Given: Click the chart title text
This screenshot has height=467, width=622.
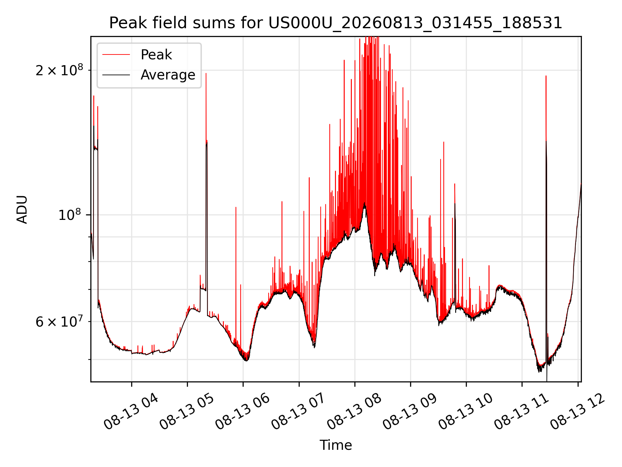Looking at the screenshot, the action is pos(336,23).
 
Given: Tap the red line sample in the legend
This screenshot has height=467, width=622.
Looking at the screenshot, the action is pos(116,55).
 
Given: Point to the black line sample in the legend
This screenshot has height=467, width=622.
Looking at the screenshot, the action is pos(116,75).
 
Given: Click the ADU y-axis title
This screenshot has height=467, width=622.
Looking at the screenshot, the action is pos(22,209).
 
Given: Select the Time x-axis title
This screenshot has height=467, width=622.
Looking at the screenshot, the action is pos(336,445).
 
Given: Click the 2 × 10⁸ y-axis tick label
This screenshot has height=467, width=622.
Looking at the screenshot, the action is pos(59,70).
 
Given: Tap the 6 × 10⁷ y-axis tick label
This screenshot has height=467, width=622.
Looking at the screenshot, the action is pos(59,322).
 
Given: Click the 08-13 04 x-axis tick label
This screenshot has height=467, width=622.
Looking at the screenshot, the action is pos(131,412).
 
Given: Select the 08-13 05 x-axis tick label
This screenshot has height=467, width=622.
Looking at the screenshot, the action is pos(187,412).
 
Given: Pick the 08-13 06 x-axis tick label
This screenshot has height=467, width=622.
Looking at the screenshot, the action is pos(242,412).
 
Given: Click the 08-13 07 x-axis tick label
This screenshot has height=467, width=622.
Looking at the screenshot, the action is pos(298,412).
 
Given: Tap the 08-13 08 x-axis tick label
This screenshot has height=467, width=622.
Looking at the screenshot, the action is pos(354,412).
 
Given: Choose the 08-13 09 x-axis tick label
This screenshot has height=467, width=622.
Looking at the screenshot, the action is pos(410,412).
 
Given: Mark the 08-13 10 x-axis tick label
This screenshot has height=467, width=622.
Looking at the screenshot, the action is pos(466,412).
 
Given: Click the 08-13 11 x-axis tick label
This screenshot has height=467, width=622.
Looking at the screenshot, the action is pos(521,412).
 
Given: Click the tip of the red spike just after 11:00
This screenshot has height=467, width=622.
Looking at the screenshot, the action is pos(546,76).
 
